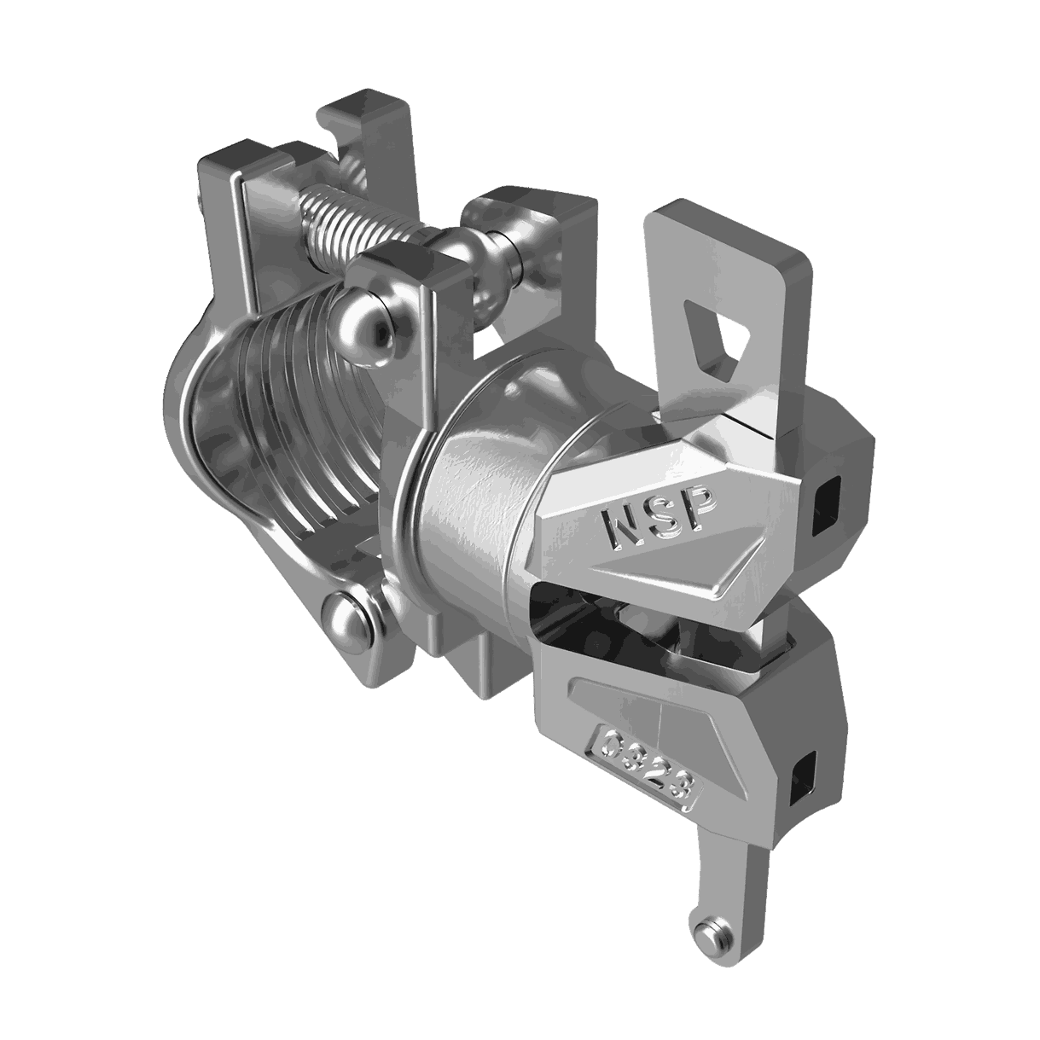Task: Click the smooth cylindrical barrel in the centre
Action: tap(478, 512)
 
